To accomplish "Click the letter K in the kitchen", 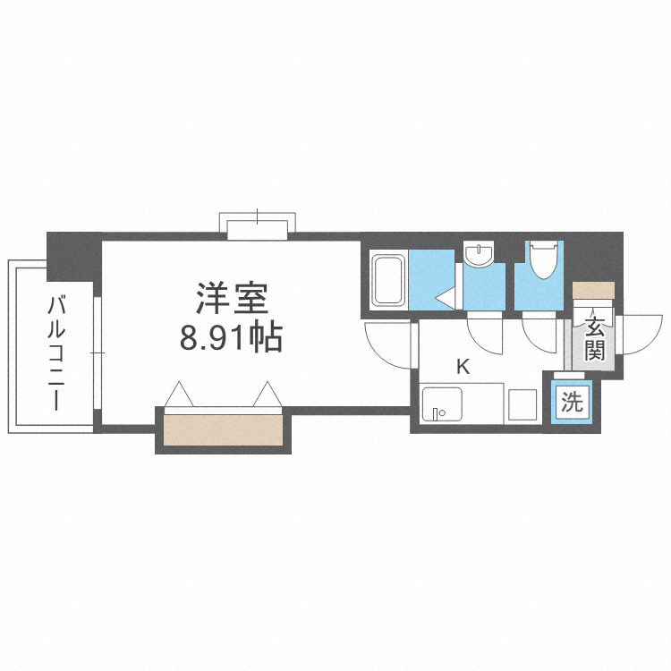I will coord(463,365).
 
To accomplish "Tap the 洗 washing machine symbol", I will coord(571,402).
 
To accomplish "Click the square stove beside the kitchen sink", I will coord(522,405).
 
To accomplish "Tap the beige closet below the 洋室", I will coord(224,429).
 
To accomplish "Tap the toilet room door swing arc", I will coord(540,333).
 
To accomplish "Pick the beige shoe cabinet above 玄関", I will coord(594,290).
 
